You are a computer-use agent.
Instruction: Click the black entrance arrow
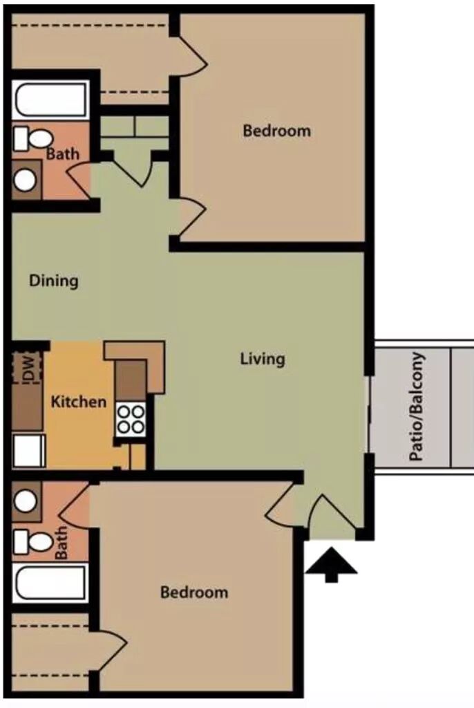pos(332,565)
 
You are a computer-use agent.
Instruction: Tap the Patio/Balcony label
pos(417,407)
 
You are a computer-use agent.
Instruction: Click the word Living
pos(263,360)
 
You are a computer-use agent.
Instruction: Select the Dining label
pos(54,281)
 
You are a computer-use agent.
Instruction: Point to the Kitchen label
pos(79,402)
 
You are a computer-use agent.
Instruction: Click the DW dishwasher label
pos(28,368)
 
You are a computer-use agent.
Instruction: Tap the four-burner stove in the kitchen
pos(131,420)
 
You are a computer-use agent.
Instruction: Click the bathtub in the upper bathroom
pos(50,100)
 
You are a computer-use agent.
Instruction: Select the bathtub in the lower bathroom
pos(50,582)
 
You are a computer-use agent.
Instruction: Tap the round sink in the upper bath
pos(26,180)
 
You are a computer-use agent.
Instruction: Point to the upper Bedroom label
pos(276,131)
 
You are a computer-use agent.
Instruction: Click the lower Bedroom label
pos(194,592)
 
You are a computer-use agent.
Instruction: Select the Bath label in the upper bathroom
pos(62,154)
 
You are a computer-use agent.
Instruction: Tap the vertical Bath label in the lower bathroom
pos(61,543)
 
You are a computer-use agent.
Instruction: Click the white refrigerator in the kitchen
pos(29,451)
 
